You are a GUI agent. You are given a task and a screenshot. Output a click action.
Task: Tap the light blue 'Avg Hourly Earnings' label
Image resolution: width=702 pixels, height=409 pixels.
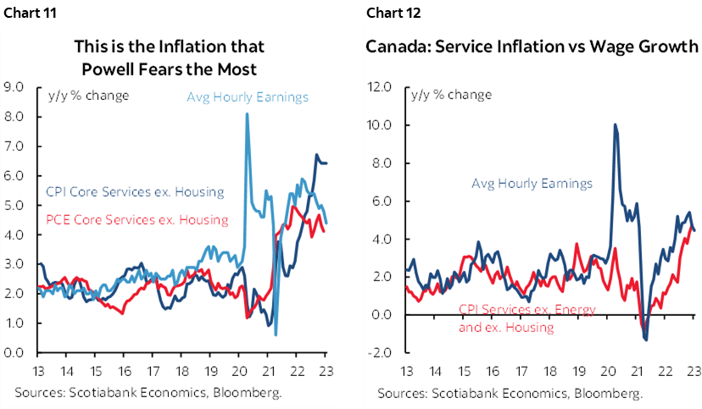pos(248,97)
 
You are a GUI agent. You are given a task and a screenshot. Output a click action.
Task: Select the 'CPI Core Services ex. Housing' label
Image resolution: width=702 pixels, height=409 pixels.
pos(133,191)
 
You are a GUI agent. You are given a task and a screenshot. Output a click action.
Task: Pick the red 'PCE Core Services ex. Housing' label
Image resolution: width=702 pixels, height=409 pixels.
pos(135,219)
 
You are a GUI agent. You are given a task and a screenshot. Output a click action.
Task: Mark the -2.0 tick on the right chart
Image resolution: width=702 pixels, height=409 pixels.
pos(380,352)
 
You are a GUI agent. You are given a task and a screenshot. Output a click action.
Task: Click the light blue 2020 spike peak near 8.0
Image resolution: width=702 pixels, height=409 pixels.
pos(247,114)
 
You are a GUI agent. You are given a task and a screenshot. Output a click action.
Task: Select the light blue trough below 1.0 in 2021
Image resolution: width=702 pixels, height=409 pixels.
pos(276,334)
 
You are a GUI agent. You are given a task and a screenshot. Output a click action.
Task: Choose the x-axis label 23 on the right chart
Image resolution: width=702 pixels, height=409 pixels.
pos(692,371)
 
